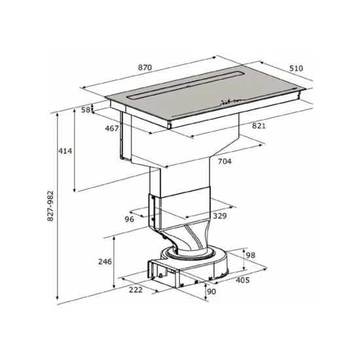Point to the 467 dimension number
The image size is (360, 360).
(111, 128)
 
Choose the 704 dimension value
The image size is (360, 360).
(225, 161)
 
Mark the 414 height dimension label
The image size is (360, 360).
(64, 151)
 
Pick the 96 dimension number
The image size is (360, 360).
(130, 219)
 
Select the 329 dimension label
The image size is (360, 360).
(219, 215)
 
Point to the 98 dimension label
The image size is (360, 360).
(249, 255)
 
